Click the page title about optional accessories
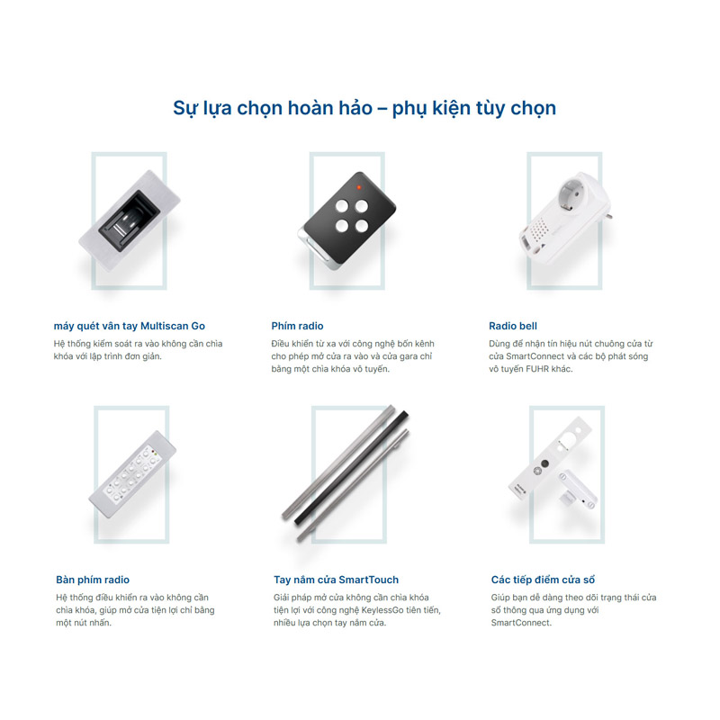[364, 108]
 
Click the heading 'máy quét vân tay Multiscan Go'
[130, 326]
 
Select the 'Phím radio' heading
[297, 326]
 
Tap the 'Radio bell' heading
[513, 326]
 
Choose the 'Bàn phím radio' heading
[93, 580]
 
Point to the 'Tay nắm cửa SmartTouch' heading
[336, 580]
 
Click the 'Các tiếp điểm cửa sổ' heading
[543, 580]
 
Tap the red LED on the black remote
[359, 187]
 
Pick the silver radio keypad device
[132, 475]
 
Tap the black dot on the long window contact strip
[545, 463]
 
